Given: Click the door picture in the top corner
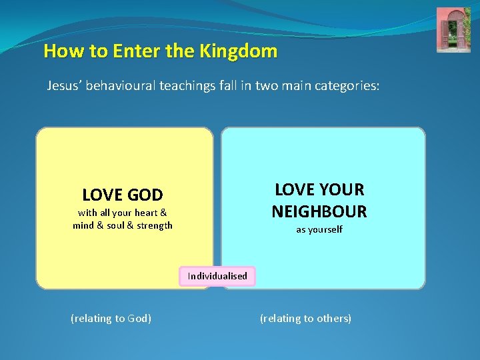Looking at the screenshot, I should [453, 30].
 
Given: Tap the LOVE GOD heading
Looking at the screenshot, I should [122, 195].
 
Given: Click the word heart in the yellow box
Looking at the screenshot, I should [146, 213].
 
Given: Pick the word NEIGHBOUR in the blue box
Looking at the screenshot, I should [319, 211].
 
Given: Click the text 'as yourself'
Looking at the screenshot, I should [319, 229].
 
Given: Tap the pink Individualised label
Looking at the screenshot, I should [217, 276].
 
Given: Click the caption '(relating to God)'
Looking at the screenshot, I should [111, 319].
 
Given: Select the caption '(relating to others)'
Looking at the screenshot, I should [305, 319].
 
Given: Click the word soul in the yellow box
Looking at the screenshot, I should [117, 225].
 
